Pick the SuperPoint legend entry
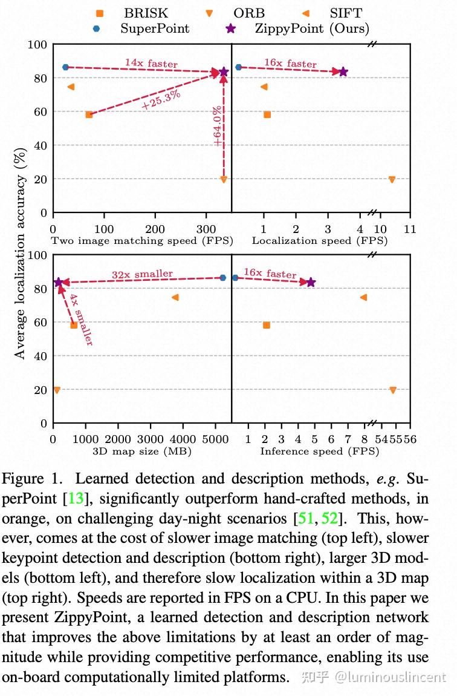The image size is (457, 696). [155, 28]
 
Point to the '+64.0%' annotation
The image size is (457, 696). [217, 126]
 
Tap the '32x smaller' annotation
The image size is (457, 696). [142, 275]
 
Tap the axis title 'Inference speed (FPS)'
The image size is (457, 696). [320, 451]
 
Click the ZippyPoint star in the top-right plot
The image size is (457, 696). [343, 71]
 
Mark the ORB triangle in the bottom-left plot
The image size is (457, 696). [57, 390]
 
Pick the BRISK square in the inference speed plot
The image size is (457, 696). [266, 325]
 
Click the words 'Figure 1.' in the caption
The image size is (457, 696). [31, 480]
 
